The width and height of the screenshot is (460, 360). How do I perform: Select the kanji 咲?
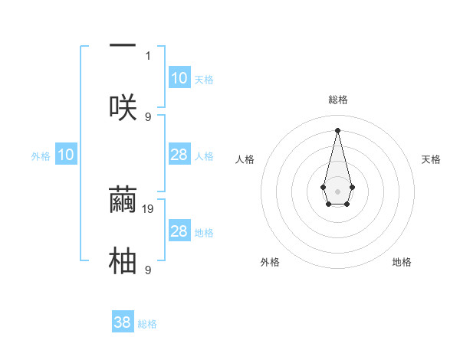coord(123,107)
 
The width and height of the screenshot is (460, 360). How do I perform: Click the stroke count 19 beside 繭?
coord(149,208)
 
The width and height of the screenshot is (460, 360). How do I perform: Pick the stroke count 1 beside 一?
coord(148,55)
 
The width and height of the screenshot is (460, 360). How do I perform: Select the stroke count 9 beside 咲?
coord(148,116)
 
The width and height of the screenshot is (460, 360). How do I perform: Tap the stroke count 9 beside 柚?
coord(148,270)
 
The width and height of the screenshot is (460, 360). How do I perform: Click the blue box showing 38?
coord(123,322)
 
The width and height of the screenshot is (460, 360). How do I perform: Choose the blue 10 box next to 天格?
coord(179,78)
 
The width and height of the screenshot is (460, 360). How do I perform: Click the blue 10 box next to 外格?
coord(66,155)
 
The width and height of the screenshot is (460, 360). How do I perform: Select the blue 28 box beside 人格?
coord(179,155)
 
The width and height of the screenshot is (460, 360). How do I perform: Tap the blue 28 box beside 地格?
coord(179,231)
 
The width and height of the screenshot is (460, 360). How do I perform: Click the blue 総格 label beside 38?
coord(147,324)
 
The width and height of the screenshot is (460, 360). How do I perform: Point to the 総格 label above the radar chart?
coord(337,100)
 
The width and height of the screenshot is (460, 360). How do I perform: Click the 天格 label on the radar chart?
coord(431,159)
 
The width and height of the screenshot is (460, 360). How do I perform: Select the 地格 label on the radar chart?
coord(402,262)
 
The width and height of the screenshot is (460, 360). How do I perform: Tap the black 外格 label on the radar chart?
coord(270,262)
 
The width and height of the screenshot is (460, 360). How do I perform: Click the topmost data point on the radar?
coord(337,129)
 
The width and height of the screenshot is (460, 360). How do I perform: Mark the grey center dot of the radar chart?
coord(337,191)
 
